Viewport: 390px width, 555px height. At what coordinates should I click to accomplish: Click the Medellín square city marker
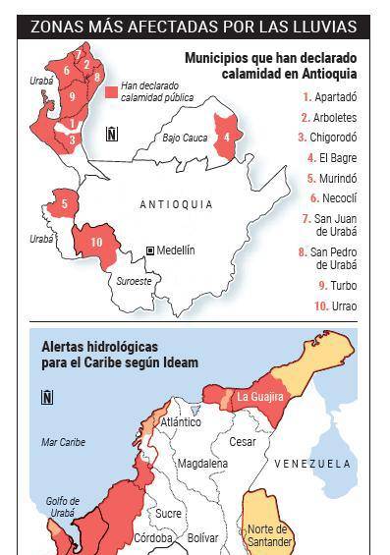150,251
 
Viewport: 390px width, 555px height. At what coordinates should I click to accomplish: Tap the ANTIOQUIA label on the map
177,204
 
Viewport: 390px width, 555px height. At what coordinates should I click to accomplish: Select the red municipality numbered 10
95,242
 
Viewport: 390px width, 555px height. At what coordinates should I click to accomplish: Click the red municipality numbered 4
228,137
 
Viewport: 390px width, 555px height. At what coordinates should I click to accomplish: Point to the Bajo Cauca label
185,139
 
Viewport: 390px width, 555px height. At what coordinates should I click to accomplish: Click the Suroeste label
135,281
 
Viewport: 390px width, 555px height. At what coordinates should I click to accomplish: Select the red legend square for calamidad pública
112,91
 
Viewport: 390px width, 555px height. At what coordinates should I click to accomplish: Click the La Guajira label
259,397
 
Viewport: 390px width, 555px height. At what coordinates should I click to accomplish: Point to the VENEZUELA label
312,463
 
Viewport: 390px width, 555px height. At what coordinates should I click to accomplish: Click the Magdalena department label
202,463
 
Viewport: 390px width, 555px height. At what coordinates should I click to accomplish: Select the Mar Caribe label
63,442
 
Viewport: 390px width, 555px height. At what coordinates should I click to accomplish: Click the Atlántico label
180,422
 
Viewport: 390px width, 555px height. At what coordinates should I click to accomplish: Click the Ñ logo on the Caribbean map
47,397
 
